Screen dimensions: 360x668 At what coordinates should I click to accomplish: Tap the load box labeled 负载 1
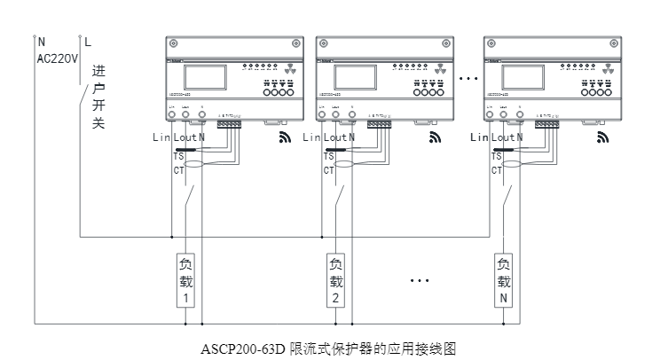click(x=185, y=281)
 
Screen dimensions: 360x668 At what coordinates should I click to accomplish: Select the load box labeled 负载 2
click(x=335, y=281)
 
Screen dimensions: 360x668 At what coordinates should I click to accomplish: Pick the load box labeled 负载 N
click(x=504, y=281)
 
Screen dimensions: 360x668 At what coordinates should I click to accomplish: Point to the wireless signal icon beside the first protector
click(x=285, y=137)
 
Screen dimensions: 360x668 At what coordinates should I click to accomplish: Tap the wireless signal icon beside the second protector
click(x=436, y=137)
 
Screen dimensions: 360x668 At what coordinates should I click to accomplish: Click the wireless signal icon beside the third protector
click(x=603, y=137)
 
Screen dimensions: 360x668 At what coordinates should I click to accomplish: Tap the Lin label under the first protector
click(x=161, y=137)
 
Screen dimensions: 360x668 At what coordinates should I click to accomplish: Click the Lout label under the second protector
click(x=334, y=137)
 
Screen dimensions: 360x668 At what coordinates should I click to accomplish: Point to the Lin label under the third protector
click(x=479, y=137)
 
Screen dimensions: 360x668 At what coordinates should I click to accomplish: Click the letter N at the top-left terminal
click(x=42, y=41)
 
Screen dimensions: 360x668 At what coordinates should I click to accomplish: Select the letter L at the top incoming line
click(x=87, y=41)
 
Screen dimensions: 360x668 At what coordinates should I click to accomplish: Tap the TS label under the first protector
click(x=178, y=156)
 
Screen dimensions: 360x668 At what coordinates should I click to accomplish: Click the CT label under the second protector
click(x=328, y=169)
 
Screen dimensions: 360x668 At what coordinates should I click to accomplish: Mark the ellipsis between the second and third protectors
click(x=468, y=80)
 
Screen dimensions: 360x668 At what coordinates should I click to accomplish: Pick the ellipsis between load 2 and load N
click(x=420, y=281)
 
